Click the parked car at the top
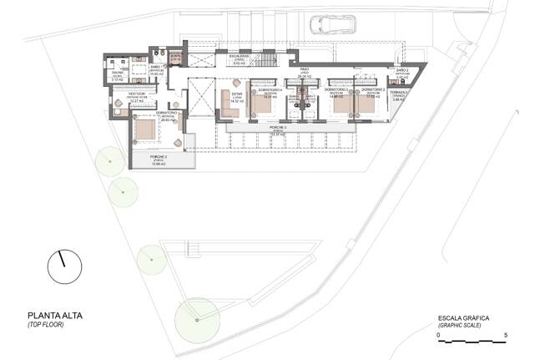point(326,25)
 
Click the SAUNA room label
point(119,75)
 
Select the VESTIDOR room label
point(136,94)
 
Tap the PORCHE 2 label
point(159,157)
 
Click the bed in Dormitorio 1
point(145,129)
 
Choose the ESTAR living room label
point(237,94)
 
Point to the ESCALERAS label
point(240,58)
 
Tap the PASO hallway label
point(305,71)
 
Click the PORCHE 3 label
point(278,128)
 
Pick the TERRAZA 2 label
point(399,93)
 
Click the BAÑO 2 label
point(402,71)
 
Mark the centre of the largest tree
point(197,318)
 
